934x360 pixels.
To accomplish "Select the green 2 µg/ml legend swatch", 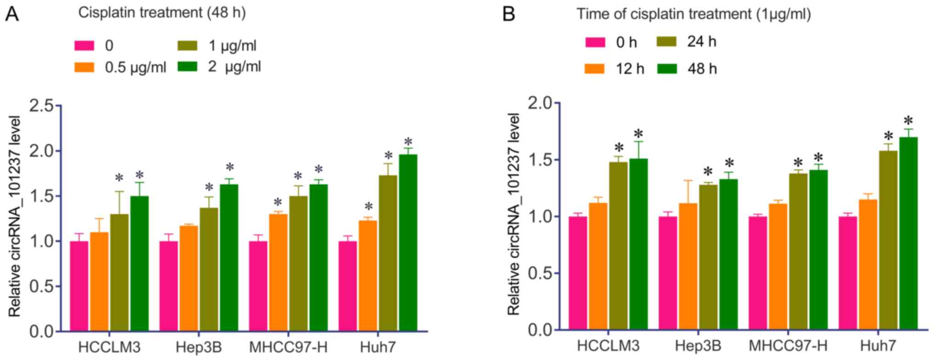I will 187,66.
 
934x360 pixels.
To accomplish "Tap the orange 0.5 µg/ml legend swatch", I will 84,67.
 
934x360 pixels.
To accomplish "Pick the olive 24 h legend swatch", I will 666,41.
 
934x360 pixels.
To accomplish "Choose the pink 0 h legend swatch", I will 595,42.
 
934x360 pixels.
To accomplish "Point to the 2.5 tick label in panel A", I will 42,107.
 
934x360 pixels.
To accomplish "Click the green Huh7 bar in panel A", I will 408,243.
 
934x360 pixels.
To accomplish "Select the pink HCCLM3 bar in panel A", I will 79,286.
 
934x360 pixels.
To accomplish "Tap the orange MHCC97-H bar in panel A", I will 278,273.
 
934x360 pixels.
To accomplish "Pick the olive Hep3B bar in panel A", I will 209,269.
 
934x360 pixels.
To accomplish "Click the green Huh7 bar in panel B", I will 908,233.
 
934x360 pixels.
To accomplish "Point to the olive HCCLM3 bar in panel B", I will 618,246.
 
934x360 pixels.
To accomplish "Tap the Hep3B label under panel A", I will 199,348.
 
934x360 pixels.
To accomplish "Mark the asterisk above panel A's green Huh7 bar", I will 408,141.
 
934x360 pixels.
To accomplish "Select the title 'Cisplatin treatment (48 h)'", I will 162,13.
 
